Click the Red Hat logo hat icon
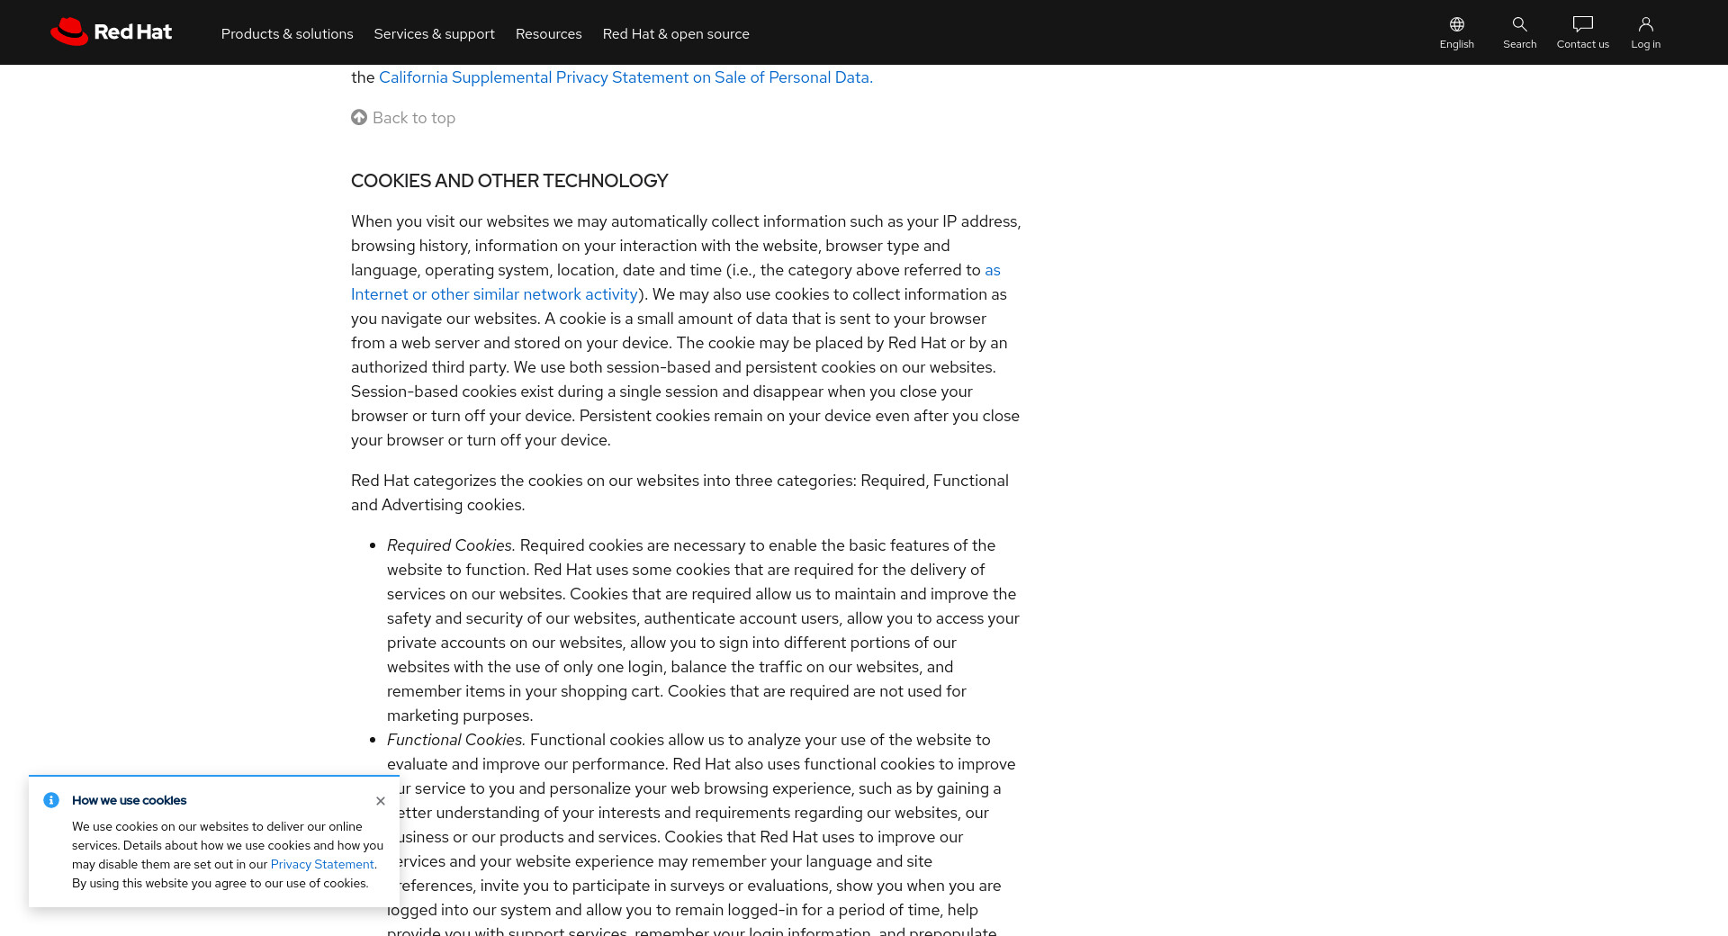coord(68,31)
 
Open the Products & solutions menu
coord(287,34)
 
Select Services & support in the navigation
coord(434,34)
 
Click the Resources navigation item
coord(548,34)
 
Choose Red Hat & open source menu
coord(675,34)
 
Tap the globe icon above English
coord(1456,24)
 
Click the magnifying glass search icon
coord(1519,24)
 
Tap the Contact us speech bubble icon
coord(1582,24)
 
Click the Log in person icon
coord(1645,24)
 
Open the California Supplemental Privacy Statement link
coord(625,77)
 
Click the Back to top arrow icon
coord(359,117)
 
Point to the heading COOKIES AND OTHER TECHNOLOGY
coord(509,181)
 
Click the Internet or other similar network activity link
coord(494,294)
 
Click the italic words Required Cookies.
coord(450,545)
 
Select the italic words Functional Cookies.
coord(455,740)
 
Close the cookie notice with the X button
coord(381,801)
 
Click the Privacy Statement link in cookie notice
coord(322,864)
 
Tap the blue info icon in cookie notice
coord(51,800)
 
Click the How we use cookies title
coord(130,800)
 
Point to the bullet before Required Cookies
coord(373,545)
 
